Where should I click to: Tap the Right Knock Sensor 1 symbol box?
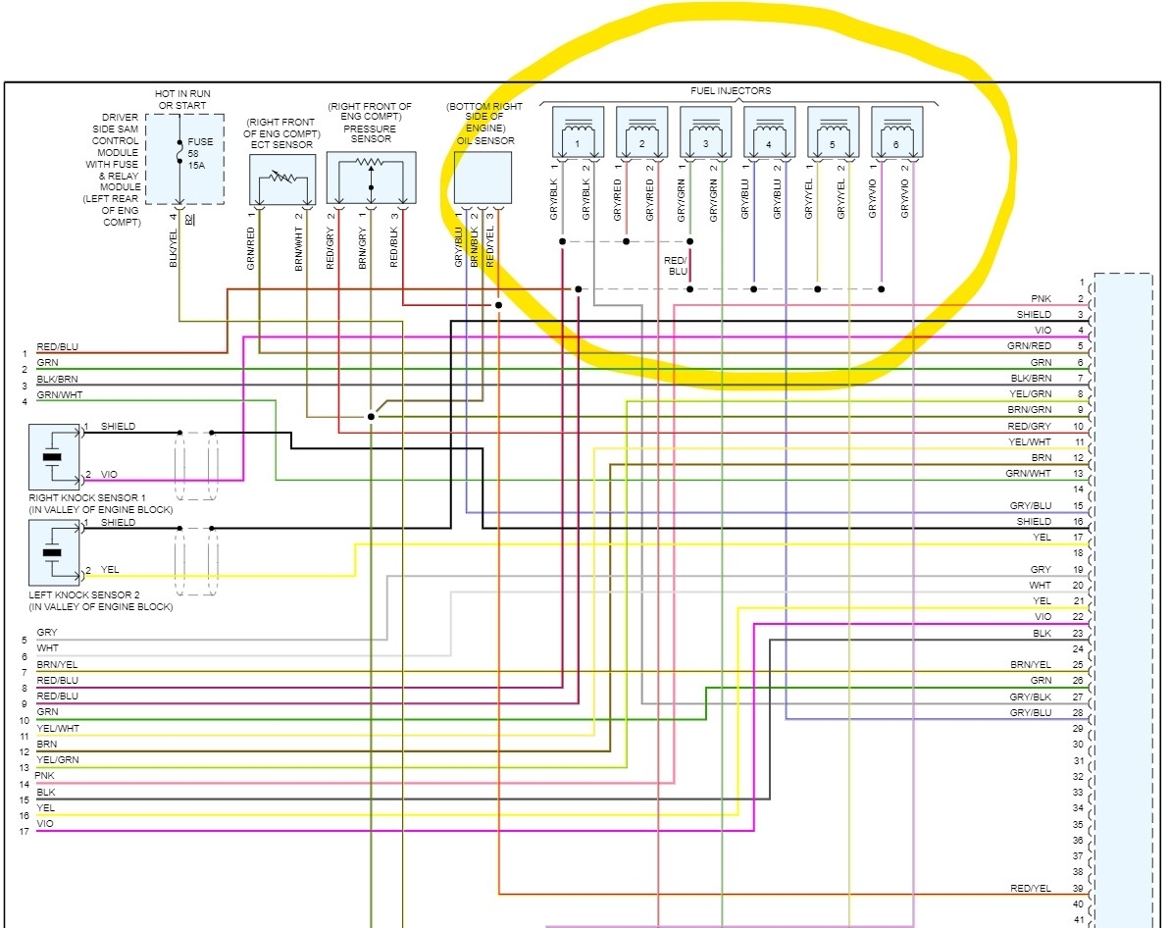[x=54, y=456]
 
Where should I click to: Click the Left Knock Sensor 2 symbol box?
[x=54, y=552]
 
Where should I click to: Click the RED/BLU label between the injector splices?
[x=677, y=266]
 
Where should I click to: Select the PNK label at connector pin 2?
[x=1042, y=298]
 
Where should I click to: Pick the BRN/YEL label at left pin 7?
[x=57, y=665]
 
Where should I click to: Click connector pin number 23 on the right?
[x=1077, y=634]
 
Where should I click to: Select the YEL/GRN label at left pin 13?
[x=57, y=760]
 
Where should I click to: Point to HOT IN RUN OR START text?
[x=183, y=99]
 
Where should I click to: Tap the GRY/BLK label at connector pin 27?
[x=1031, y=696]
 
